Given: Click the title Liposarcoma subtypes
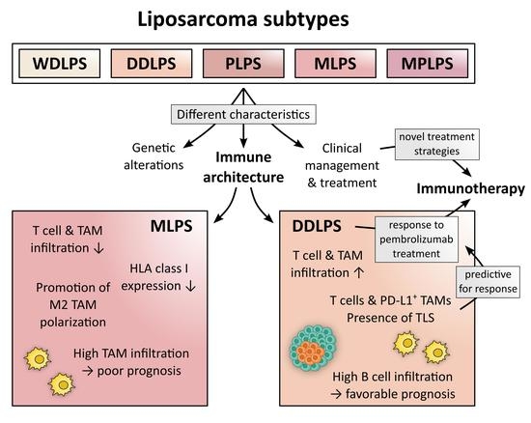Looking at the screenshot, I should click(x=265, y=19).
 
